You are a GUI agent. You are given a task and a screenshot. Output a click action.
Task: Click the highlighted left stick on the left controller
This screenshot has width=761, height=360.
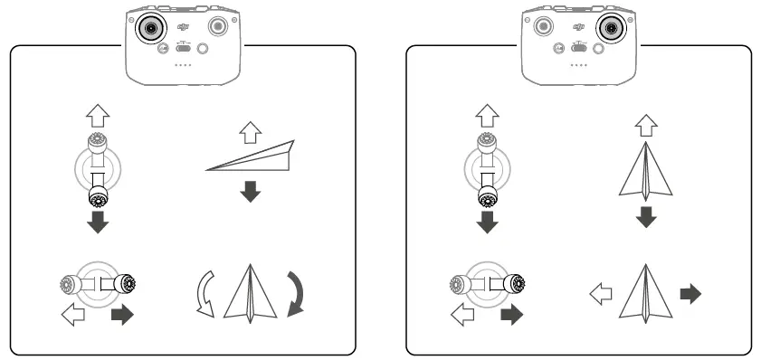point(150,28)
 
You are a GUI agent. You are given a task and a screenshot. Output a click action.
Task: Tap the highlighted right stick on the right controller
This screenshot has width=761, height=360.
point(612,28)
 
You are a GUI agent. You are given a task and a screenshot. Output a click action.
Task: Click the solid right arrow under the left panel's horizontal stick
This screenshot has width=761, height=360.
point(120,316)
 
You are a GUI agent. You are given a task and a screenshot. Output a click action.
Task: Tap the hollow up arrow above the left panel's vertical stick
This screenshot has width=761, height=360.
point(97,115)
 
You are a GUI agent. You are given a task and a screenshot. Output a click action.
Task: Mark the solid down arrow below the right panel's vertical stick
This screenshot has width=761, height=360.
point(490,222)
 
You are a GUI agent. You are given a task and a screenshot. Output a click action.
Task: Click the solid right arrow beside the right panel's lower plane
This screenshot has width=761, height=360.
point(690,293)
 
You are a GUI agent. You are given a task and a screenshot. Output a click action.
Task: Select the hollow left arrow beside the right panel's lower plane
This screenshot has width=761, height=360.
point(599,293)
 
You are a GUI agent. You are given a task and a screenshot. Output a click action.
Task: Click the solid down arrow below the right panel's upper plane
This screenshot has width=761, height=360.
point(644,217)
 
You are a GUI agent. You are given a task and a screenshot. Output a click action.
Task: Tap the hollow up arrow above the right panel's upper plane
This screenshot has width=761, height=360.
point(644,124)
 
